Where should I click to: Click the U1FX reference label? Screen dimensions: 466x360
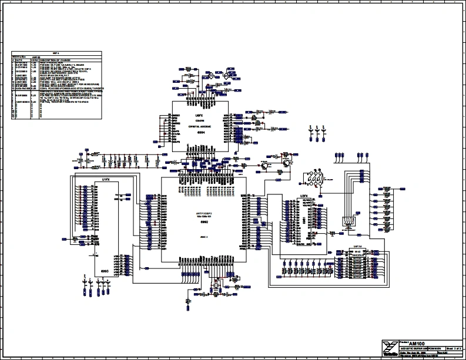[106, 179]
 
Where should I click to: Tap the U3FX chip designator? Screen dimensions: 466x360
[304, 196]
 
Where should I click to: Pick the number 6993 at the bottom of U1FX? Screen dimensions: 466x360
[106, 271]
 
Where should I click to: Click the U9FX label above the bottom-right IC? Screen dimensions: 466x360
[356, 247]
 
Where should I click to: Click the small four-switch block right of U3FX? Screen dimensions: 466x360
[348, 221]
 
